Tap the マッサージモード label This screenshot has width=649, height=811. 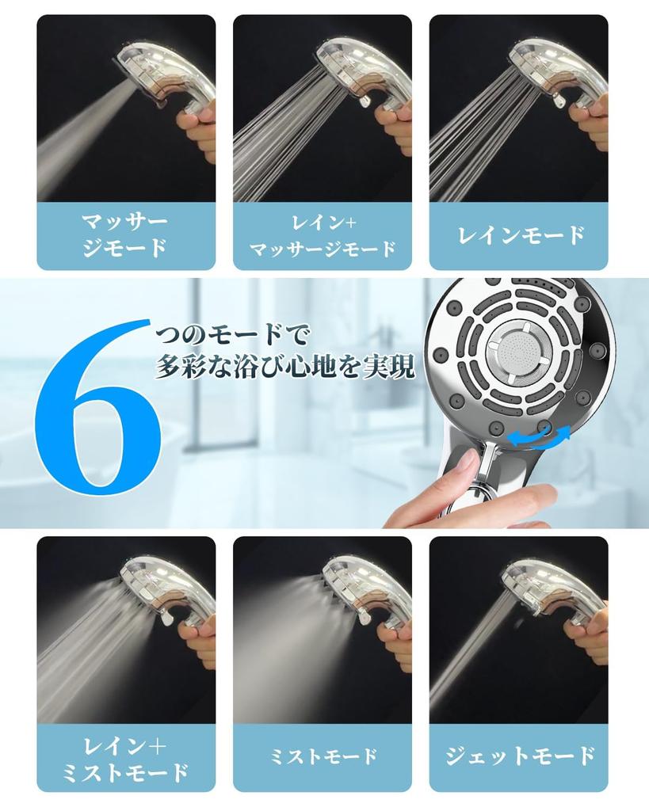click(x=125, y=235)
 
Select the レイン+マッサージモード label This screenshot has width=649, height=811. click(x=322, y=235)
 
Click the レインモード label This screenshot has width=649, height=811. click(x=520, y=235)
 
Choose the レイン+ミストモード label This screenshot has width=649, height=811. click(x=125, y=758)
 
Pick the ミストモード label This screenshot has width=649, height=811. click(x=322, y=757)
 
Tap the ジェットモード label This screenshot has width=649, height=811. click(x=520, y=757)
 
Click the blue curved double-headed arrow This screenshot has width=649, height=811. click(x=539, y=436)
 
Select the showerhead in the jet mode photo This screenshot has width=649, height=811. click(x=547, y=590)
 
